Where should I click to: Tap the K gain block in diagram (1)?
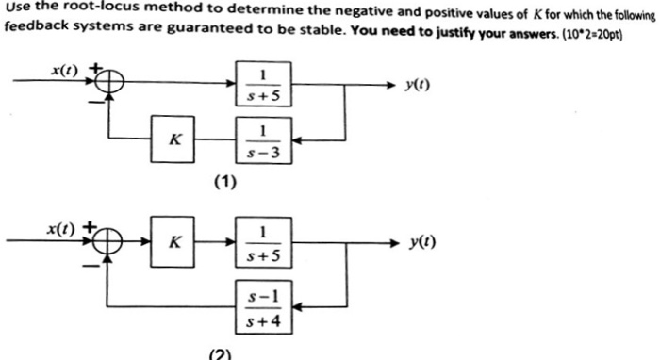[x=173, y=139]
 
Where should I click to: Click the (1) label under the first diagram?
[x=223, y=183]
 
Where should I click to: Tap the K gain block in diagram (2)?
[x=173, y=242]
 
